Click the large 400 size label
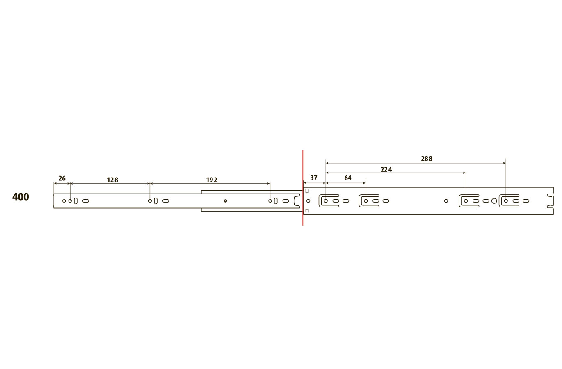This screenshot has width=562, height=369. [21, 197]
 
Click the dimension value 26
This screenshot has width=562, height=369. [62, 178]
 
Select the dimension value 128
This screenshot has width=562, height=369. [112, 180]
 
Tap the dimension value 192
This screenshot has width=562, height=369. [212, 180]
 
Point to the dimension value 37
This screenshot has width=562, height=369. [314, 178]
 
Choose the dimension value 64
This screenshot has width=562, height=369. [348, 178]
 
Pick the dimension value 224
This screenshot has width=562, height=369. [386, 169]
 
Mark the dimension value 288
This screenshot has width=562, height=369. [427, 159]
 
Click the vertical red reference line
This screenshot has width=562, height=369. [303, 188]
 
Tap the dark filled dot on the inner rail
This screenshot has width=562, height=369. [225, 201]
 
